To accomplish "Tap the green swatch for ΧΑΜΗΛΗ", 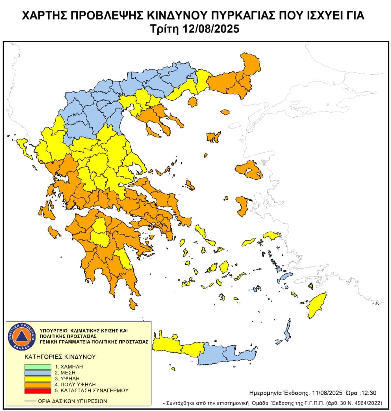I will pyautogui.click(x=38, y=367).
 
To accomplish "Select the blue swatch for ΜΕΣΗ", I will pyautogui.click(x=38, y=373).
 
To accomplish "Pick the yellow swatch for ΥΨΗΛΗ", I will pyautogui.click(x=38, y=378).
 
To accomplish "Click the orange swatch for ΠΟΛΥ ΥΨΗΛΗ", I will pyautogui.click(x=38, y=385).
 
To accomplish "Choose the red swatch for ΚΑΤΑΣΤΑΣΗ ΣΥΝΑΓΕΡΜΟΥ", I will pyautogui.click(x=38, y=391).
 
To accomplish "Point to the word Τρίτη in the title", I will pyautogui.click(x=165, y=29).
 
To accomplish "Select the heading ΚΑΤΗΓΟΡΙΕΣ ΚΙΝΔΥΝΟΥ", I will pyautogui.click(x=60, y=357).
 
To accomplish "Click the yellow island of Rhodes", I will pyautogui.click(x=316, y=305).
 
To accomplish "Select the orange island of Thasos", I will pyautogui.click(x=193, y=102).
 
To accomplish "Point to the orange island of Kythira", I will pyautogui.click(x=133, y=304).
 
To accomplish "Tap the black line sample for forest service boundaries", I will pyautogui.click(x=30, y=401).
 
